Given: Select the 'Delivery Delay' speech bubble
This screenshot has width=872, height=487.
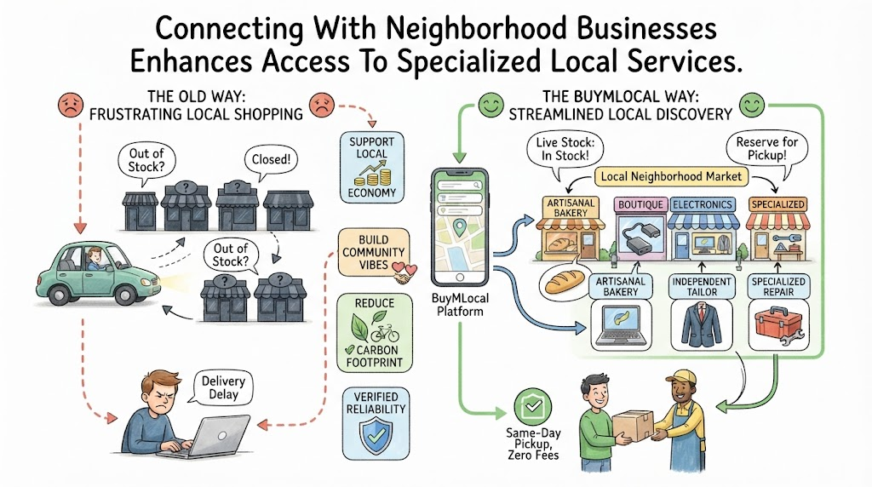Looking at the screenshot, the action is click(222, 387).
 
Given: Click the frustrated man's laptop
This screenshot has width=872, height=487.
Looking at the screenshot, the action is click(209, 438).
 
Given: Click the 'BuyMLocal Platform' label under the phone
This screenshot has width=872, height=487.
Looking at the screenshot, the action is click(460, 305).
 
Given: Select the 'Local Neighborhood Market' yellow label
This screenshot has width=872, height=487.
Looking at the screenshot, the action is click(671, 177).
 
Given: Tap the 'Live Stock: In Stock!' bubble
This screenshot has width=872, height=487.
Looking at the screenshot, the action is click(565, 150).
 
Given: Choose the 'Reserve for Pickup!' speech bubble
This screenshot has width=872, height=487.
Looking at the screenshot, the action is click(767, 150).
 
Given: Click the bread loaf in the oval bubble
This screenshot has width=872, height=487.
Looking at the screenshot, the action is click(565, 281).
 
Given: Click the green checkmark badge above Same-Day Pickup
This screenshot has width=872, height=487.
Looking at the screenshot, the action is click(532, 406).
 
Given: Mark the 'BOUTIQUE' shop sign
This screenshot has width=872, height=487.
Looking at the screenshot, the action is click(640, 204).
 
